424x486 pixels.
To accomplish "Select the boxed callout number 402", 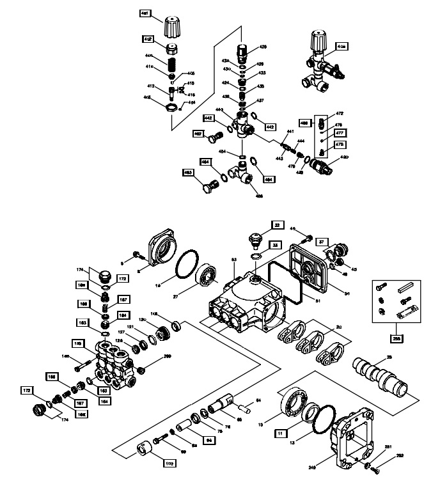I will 147,39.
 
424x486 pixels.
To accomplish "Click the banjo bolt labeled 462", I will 217,136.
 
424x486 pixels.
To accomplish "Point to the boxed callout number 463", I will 189,173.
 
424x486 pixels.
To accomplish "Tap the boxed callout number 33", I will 273,244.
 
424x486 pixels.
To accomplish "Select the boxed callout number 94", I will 208,440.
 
